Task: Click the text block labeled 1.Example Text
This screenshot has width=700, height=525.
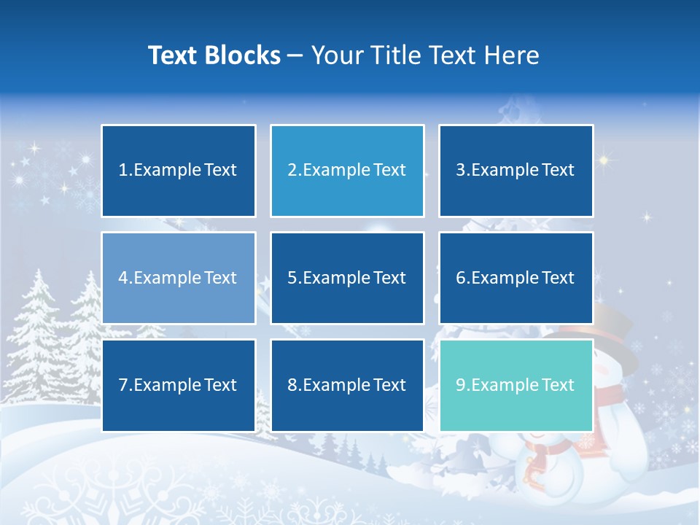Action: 179,171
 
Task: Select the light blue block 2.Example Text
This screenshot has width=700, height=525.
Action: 347,171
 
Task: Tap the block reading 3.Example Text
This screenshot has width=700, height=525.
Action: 516,171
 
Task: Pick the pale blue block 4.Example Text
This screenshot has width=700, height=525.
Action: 179,278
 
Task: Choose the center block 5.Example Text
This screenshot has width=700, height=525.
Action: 347,278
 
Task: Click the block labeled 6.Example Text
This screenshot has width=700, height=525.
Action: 516,278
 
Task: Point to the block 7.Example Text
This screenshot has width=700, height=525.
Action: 179,385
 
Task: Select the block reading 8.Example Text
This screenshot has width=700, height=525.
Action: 347,385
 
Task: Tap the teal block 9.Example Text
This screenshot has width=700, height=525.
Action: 516,385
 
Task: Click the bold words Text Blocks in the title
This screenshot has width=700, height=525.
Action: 214,55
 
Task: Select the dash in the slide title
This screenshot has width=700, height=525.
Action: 296,55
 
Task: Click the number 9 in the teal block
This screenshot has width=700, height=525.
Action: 461,385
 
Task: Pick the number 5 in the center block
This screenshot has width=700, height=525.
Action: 292,278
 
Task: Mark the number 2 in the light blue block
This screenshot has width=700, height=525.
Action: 292,171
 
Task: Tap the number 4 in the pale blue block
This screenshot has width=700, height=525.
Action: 123,278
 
